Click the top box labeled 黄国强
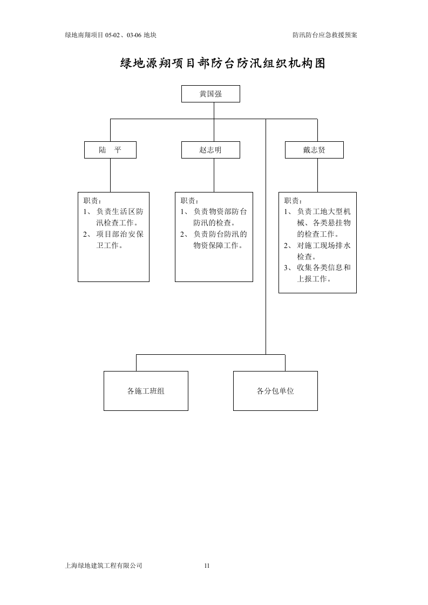pos(210,94)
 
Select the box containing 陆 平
pos(110,150)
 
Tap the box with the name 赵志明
pos(210,150)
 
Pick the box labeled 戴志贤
pos(314,150)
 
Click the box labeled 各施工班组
pos(146,391)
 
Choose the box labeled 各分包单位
pos(275,391)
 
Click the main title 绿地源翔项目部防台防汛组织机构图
pos(222,64)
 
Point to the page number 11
pos(207,566)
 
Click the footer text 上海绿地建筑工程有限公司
pos(103,566)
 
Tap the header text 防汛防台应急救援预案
pos(325,35)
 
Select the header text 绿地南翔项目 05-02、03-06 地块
pos(111,35)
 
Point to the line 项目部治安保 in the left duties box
pos(120,234)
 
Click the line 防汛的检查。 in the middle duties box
pos(214,223)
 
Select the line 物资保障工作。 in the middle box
pos(218,245)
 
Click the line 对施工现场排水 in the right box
pos(323,245)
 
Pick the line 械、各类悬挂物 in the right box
pos(323,223)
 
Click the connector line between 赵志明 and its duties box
pos(214,175)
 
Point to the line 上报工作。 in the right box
pos(314,279)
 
